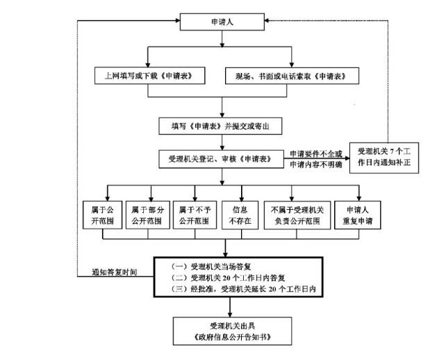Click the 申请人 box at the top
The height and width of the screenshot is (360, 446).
point(222,22)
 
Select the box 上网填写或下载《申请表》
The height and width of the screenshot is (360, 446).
point(149,76)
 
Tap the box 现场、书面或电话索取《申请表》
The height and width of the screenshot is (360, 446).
point(292,76)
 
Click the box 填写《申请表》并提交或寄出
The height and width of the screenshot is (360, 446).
point(220,126)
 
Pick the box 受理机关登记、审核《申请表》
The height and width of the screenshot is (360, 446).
point(222,158)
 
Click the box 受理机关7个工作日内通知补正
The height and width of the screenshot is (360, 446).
point(384,158)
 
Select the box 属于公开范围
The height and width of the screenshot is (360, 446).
point(102,215)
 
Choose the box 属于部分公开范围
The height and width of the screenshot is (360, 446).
point(148,215)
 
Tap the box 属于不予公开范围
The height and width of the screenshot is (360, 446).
point(195,215)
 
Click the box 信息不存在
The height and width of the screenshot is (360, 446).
point(240,215)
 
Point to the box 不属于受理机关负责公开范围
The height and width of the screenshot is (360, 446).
point(297,215)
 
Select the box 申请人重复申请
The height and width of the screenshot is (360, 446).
point(358,215)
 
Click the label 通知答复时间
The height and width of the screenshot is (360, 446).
point(115,272)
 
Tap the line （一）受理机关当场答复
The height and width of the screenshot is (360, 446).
point(210,267)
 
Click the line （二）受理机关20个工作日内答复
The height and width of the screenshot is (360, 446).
point(228,278)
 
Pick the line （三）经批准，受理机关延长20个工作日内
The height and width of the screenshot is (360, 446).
point(243,289)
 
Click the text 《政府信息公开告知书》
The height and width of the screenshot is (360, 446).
point(233,337)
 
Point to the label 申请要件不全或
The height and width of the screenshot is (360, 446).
point(316,154)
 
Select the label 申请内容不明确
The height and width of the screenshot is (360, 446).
point(316,165)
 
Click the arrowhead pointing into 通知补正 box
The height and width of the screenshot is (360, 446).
point(347,158)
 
